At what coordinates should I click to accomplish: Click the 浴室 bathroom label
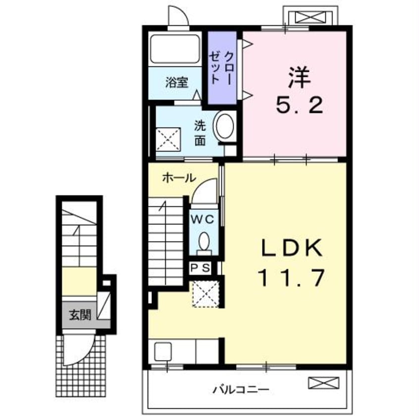point(177,83)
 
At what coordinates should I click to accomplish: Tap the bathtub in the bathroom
point(175,49)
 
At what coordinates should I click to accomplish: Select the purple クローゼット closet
point(222,68)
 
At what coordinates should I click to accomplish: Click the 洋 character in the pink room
point(299,77)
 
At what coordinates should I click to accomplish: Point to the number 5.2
point(299,105)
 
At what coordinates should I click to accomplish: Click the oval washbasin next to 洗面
point(225,126)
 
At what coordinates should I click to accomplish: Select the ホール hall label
point(179,178)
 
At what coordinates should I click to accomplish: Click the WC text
point(203,219)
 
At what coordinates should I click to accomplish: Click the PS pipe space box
point(201,268)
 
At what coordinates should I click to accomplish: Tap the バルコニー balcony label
point(241,390)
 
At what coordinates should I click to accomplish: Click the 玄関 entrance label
point(80,315)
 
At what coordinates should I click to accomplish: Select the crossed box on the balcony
point(324,382)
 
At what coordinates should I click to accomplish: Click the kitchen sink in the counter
point(163,351)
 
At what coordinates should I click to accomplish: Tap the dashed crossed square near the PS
point(206,294)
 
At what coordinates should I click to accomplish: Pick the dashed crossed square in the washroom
point(168,139)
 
